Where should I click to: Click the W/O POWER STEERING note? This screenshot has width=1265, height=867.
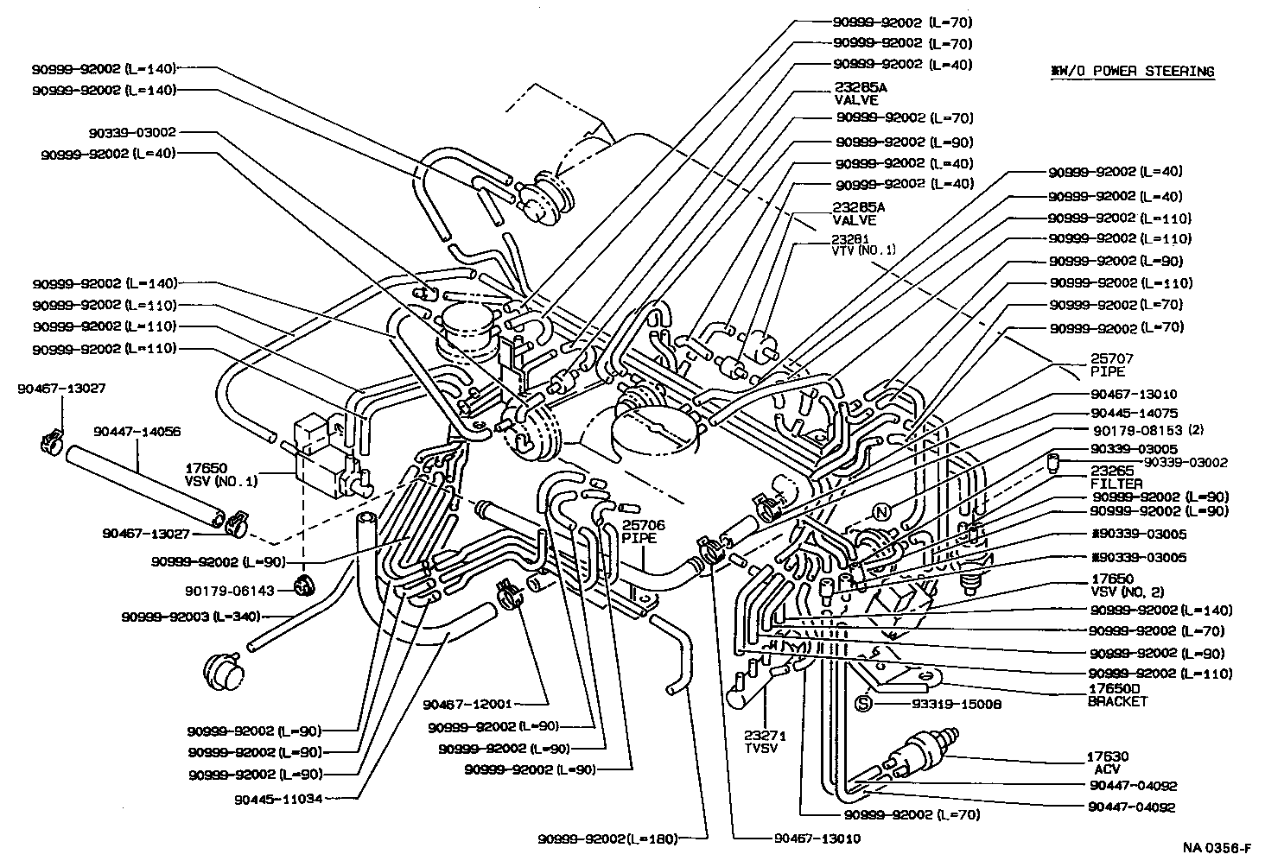pos(1132,72)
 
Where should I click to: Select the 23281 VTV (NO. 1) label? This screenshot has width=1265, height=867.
pos(863,244)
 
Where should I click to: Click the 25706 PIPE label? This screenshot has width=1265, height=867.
pos(639,531)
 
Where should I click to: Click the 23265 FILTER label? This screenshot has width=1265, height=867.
pos(1116,478)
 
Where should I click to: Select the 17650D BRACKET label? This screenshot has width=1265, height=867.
pos(1116,694)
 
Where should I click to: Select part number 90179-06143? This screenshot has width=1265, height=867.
pos(229,591)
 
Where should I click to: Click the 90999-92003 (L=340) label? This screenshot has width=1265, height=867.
pos(191,617)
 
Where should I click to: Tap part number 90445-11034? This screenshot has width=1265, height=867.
pos(277,799)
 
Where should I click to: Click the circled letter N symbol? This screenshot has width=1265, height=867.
pos(880,511)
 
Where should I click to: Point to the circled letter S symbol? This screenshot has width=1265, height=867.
pos(861,704)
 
